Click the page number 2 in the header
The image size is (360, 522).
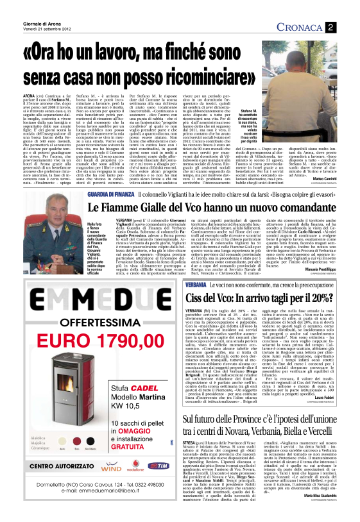(x=329, y=26)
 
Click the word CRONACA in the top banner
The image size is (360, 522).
(x=300, y=27)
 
